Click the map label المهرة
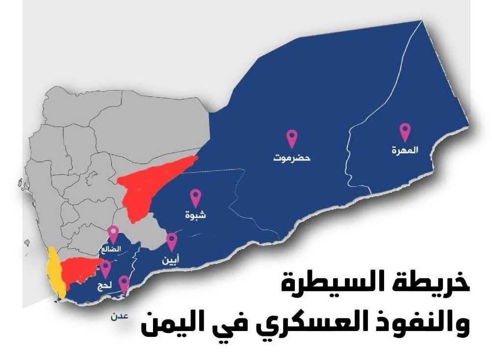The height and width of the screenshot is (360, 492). point(405,151)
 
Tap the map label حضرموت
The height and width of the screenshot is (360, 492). point(293,158)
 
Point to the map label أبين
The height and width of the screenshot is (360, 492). point(171,260)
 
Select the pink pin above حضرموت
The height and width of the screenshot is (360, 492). point(293,138)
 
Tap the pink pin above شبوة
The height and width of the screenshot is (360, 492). point(196,197)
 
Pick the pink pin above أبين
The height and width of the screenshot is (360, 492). point(172,241)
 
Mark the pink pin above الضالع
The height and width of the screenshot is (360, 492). point(113,233)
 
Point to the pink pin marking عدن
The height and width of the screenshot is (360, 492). point(124,283)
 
